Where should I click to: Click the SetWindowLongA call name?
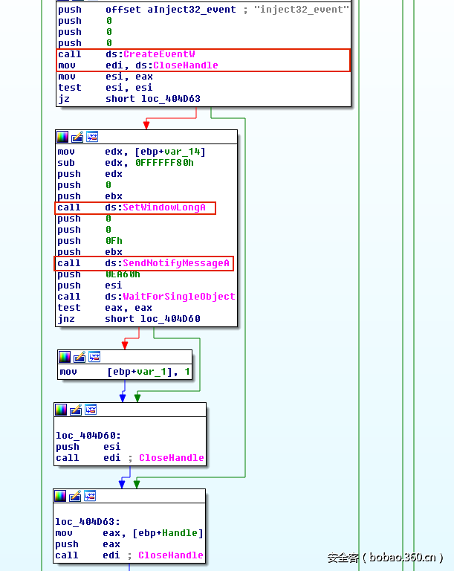164,207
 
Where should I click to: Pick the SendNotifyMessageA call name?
175,263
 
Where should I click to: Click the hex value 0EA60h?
123,274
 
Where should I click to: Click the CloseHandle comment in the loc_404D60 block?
171,458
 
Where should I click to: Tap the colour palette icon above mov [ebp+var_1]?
65,357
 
